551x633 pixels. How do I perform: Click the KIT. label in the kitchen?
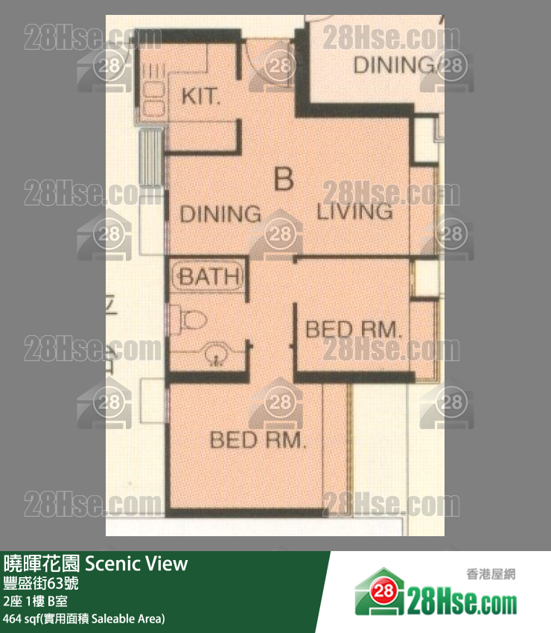[x=201, y=97]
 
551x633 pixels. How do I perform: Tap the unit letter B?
[x=283, y=179]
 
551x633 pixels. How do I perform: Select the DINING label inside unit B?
[x=220, y=214]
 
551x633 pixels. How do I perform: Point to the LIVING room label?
[x=355, y=211]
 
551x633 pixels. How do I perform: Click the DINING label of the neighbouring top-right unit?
[x=394, y=66]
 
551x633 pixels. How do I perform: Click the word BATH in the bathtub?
[x=210, y=278]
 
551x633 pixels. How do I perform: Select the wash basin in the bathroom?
[x=215, y=355]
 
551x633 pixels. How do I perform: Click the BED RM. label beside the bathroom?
[x=354, y=328]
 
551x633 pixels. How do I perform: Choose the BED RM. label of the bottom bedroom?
[x=258, y=440]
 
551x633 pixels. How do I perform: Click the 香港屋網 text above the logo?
[x=490, y=574]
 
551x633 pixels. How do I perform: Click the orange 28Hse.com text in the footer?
[x=462, y=600]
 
